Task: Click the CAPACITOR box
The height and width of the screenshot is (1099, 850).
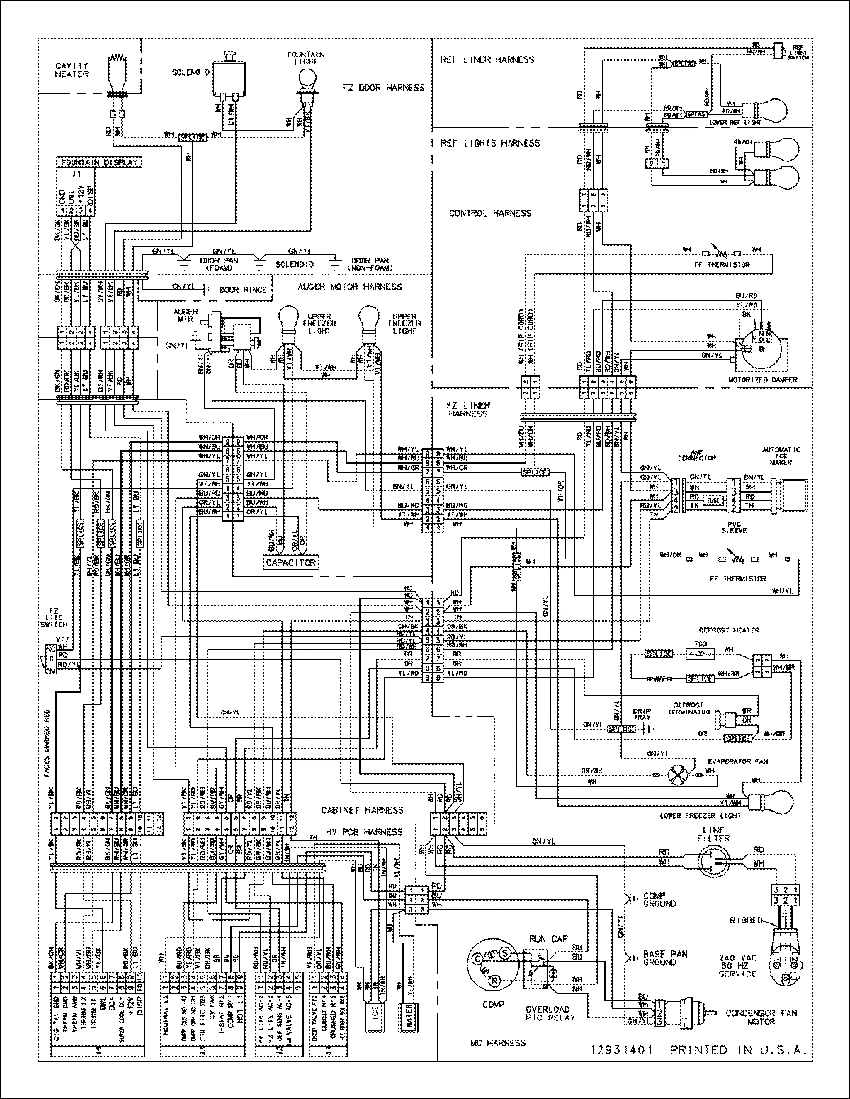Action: click(x=291, y=562)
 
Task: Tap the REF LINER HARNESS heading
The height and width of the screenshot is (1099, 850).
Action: click(x=487, y=60)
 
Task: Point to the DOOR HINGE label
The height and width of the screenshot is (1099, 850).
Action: click(x=244, y=290)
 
